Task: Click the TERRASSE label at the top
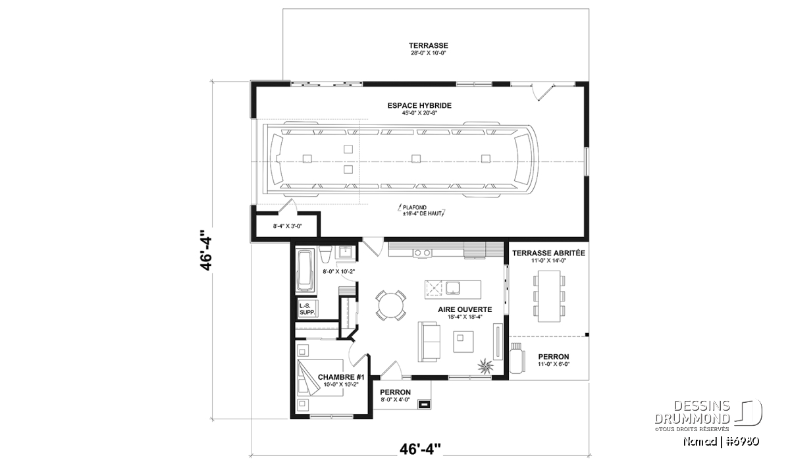tap(429, 45)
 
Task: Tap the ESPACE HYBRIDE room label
tap(419, 105)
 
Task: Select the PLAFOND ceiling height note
tap(422, 211)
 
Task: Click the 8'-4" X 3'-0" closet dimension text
tap(288, 226)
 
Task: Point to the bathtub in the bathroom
tap(305, 270)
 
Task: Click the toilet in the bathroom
tap(325, 254)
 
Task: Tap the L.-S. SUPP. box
tap(307, 309)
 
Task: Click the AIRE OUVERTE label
tap(465, 309)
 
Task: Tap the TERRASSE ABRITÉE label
tap(548, 253)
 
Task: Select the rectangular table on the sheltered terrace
tap(549, 296)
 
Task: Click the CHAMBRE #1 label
tap(341, 377)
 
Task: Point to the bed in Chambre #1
tap(320, 378)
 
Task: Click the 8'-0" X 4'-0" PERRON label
tap(396, 396)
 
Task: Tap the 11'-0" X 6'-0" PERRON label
tap(554, 360)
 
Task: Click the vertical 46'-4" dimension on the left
tap(206, 250)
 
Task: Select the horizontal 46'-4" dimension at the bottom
tap(421, 449)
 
